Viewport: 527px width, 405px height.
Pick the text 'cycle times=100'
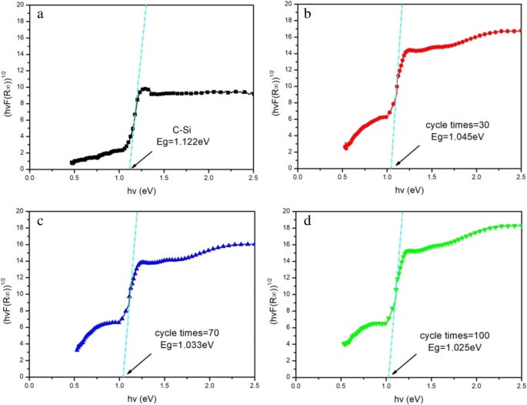454,336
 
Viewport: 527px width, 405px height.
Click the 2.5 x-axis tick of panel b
520,177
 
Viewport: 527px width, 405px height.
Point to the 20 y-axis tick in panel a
22,4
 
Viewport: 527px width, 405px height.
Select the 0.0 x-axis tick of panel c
30,383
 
